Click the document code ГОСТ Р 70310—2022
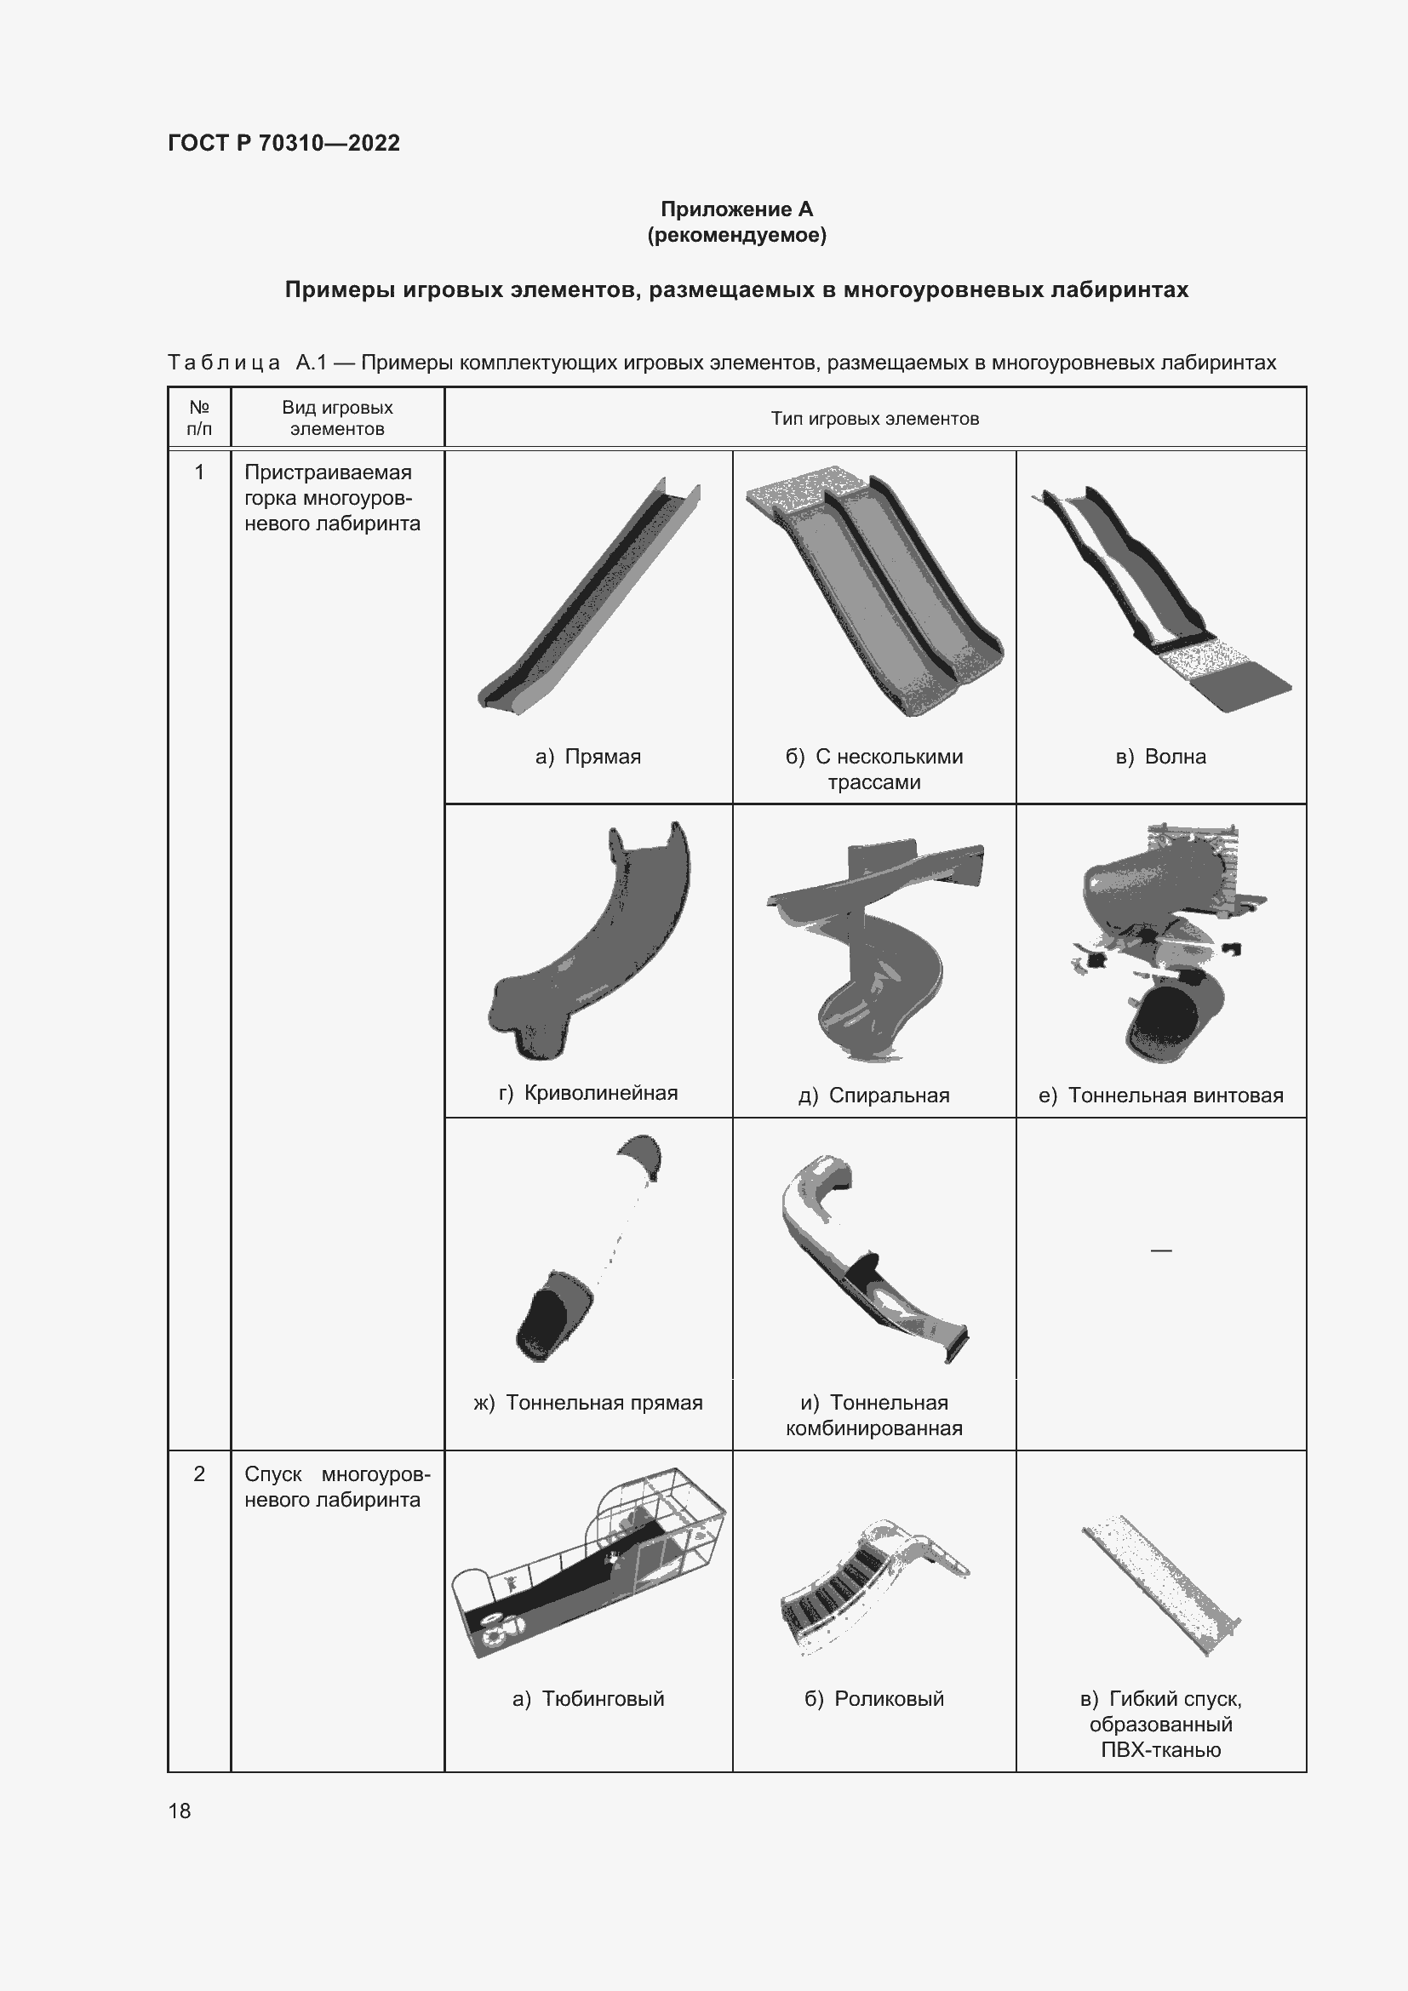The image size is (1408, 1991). pos(283,143)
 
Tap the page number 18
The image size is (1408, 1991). pos(180,1811)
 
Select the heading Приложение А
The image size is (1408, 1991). pos(736,209)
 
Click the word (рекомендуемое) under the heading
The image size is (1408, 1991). pos(736,235)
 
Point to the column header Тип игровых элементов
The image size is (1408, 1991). pos(874,419)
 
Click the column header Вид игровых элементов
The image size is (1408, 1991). pos(337,418)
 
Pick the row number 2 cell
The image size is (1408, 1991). pos(199,1473)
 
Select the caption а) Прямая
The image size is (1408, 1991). pos(588,756)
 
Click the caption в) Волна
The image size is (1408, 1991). pos(1160,756)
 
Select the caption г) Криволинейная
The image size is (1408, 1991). pos(588,1093)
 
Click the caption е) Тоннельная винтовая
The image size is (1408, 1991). pos(1160,1096)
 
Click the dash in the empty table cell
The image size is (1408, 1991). pos(1160,1250)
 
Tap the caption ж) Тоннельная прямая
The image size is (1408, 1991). pos(588,1402)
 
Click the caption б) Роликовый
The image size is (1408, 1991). pos(874,1698)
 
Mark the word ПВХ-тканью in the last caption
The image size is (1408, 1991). pos(1160,1749)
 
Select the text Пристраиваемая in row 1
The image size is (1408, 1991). pos(328,472)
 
